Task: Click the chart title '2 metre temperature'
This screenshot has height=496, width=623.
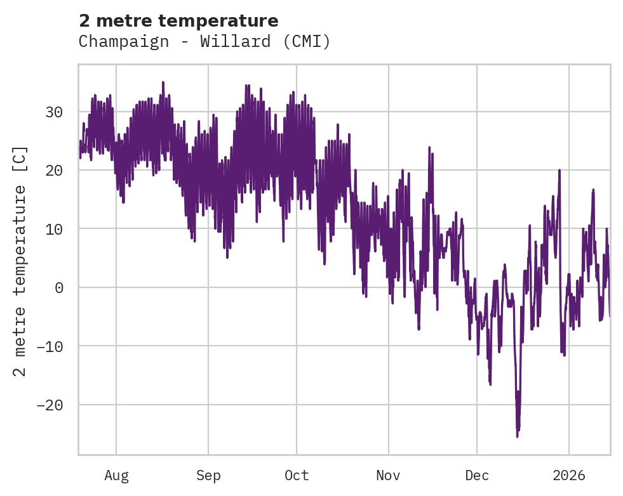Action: [178, 21]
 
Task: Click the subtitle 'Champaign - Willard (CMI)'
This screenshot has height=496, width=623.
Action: [204, 42]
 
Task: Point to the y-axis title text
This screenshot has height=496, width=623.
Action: [20, 260]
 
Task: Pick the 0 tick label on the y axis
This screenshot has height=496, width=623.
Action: [60, 287]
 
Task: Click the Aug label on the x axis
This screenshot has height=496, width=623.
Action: [116, 475]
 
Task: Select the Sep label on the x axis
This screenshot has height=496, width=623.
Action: [208, 475]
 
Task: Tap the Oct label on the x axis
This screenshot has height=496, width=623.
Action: [297, 475]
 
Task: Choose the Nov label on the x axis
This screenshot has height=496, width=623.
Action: [388, 475]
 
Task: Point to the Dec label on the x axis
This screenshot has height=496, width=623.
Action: [477, 475]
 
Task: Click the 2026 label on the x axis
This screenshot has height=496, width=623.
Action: [569, 475]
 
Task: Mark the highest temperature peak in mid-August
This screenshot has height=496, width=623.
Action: [163, 82]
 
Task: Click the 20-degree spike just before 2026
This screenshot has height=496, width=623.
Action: [559, 170]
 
